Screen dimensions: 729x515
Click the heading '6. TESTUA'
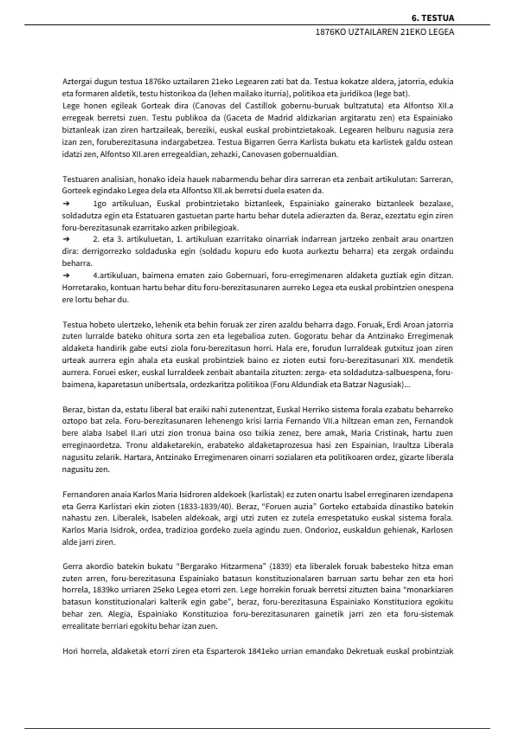432,18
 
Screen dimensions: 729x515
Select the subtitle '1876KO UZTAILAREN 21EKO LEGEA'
385,32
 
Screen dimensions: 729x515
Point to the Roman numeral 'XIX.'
411,360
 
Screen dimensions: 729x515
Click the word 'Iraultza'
406,445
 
